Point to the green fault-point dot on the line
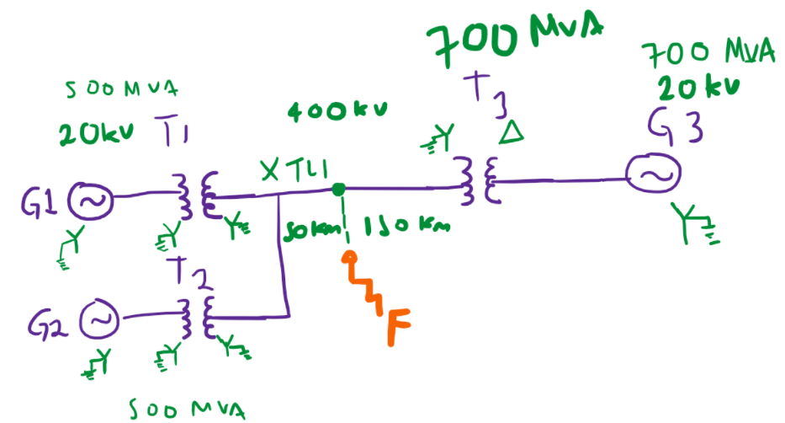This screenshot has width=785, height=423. [x=337, y=188]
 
